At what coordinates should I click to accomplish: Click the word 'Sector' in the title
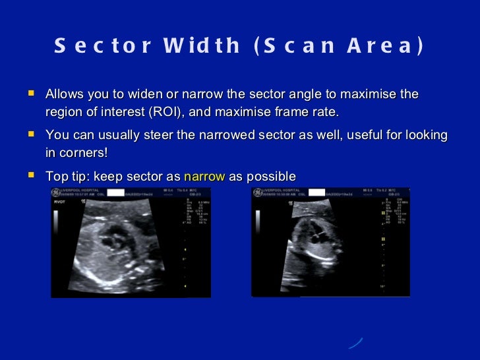point(98,46)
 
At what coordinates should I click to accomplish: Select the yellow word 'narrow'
point(204,177)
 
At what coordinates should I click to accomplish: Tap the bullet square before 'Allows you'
point(30,94)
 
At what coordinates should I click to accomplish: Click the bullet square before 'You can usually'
point(30,135)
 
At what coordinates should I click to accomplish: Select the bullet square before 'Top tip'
point(30,176)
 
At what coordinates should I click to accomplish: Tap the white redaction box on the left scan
point(116,193)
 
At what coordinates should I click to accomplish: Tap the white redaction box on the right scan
point(317,193)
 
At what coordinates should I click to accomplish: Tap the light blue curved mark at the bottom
point(355,344)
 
